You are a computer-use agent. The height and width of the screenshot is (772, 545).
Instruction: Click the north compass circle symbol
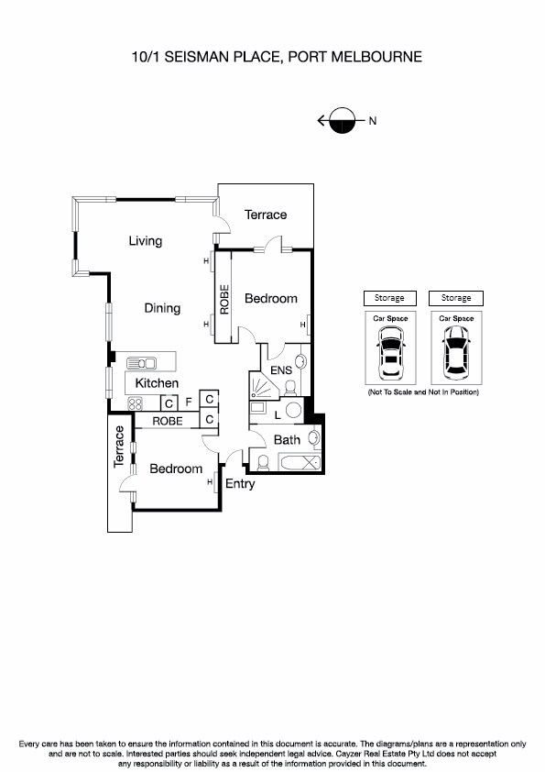pos(342,120)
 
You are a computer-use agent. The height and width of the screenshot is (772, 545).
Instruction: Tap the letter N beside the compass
pos(373,120)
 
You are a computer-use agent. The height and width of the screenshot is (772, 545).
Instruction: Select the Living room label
pos(145,241)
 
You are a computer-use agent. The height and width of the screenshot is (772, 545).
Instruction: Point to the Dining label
pos(162,308)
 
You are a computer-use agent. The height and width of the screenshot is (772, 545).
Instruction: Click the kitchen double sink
pos(144,362)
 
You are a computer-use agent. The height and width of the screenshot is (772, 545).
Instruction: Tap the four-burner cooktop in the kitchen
pos(135,403)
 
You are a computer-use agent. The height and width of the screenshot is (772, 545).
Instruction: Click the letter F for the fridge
pos(188,402)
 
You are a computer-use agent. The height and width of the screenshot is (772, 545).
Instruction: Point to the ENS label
pos(279,370)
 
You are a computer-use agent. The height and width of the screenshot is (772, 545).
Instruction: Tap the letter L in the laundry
pos(265,415)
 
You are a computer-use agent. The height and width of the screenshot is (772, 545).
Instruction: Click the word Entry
pos(240,484)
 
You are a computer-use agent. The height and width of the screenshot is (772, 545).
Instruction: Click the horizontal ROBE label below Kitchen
pos(167,421)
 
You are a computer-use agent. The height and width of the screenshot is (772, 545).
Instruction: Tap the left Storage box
pos(390,298)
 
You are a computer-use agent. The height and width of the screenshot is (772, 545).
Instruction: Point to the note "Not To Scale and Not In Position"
pos(423,392)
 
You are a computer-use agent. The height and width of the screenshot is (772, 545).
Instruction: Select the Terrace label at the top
pos(266,215)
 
